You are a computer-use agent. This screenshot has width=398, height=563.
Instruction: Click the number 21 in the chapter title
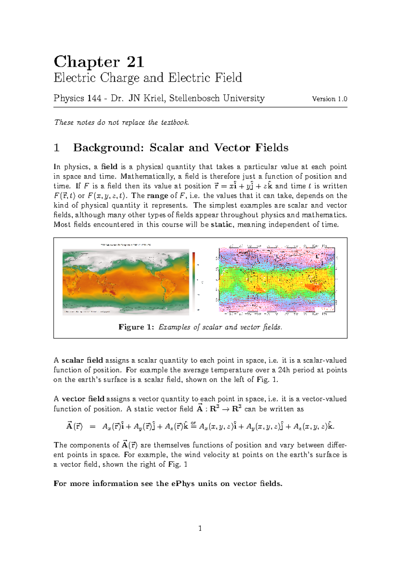coord(135,62)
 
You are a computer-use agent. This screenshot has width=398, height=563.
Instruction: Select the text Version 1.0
coord(329,99)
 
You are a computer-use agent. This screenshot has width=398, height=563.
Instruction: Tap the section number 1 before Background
coord(57,148)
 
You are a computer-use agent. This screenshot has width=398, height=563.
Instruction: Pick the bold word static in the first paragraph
coord(221,225)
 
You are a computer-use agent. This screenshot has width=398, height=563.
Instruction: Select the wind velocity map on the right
coord(277,279)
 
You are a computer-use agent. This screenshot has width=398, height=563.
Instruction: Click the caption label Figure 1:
coord(136,327)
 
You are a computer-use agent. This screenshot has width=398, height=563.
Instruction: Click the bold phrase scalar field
coord(82,361)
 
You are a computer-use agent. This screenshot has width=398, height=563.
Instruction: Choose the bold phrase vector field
coord(83,399)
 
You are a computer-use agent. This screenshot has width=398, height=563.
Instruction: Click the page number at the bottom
coord(200,528)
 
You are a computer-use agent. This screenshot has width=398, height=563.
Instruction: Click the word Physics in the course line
coord(69,99)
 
